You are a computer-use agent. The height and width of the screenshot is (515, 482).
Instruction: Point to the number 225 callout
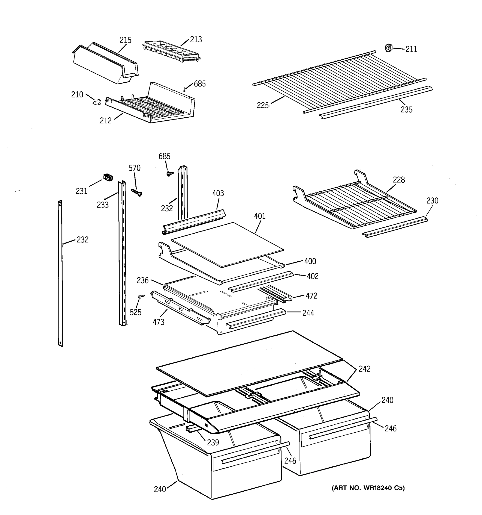(263, 105)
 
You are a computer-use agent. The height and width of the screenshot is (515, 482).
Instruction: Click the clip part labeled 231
(108, 177)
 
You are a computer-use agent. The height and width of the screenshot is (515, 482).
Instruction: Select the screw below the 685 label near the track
(170, 173)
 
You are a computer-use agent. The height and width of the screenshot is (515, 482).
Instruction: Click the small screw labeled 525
(141, 296)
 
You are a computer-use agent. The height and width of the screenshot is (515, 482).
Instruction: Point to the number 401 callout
(260, 216)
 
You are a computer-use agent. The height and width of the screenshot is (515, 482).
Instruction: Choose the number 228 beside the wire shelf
(399, 180)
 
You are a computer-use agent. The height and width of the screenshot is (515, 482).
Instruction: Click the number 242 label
(364, 369)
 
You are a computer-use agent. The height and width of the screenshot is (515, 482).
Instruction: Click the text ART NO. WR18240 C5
(368, 488)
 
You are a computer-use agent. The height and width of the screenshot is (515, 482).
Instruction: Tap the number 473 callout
(158, 322)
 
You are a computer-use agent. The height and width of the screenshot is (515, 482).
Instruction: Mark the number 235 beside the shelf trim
(407, 110)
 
